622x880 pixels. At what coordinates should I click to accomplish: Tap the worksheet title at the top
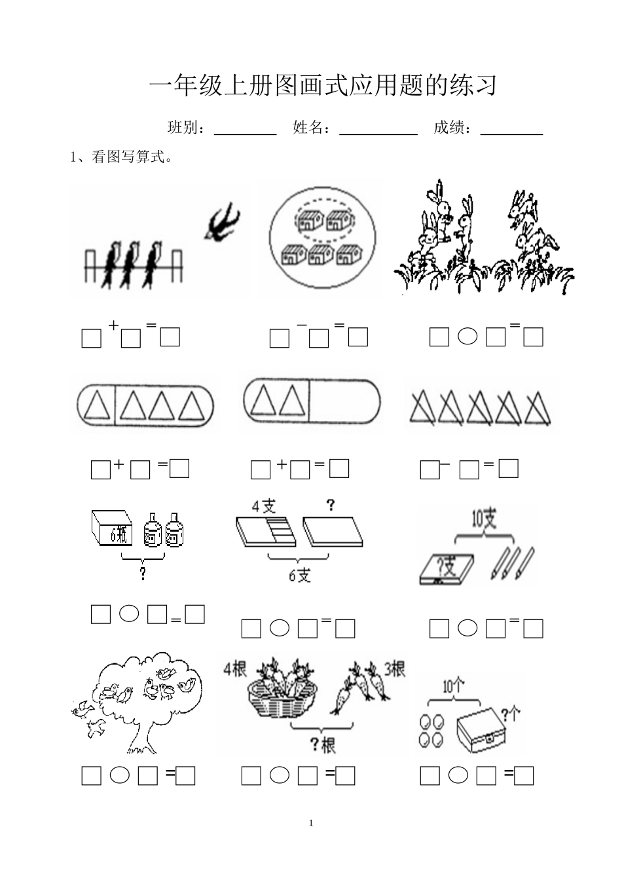[323, 86]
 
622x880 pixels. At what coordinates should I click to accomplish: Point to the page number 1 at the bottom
[311, 823]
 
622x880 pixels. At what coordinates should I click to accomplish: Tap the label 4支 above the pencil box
[264, 505]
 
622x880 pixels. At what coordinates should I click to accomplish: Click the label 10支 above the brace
[484, 520]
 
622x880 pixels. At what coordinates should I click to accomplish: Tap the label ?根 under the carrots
[322, 744]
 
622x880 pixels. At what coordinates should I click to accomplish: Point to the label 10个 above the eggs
[454, 686]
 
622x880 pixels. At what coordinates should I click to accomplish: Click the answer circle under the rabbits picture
[467, 337]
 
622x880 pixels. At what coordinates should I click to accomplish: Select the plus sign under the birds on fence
[113, 325]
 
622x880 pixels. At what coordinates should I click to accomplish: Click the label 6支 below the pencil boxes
[300, 576]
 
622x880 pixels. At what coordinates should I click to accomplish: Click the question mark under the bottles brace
[142, 574]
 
